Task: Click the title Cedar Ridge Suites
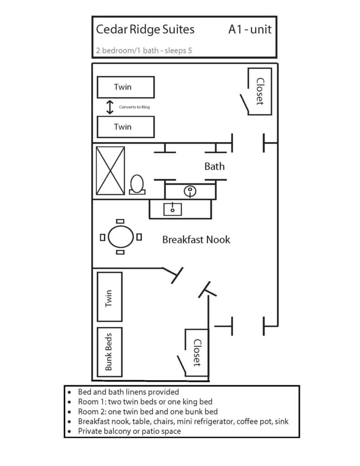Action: (145, 30)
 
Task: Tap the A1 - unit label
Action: (250, 30)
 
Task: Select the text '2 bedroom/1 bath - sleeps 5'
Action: (144, 51)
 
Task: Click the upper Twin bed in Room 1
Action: (126, 87)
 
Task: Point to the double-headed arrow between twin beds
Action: (110, 107)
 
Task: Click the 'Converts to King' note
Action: (134, 107)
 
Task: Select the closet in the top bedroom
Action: (259, 91)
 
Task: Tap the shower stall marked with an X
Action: (110, 171)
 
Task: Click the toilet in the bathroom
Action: (137, 185)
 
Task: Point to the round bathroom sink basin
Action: (190, 191)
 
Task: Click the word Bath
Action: (214, 166)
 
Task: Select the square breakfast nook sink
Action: (172, 209)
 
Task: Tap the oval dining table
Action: (121, 237)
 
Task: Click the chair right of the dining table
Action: (139, 237)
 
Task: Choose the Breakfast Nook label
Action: (196, 239)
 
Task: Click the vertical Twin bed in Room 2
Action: (110, 297)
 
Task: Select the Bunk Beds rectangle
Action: (110, 352)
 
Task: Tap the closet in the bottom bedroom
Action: (196, 353)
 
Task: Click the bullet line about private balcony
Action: (129, 431)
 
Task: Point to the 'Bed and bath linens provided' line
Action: (128, 392)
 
